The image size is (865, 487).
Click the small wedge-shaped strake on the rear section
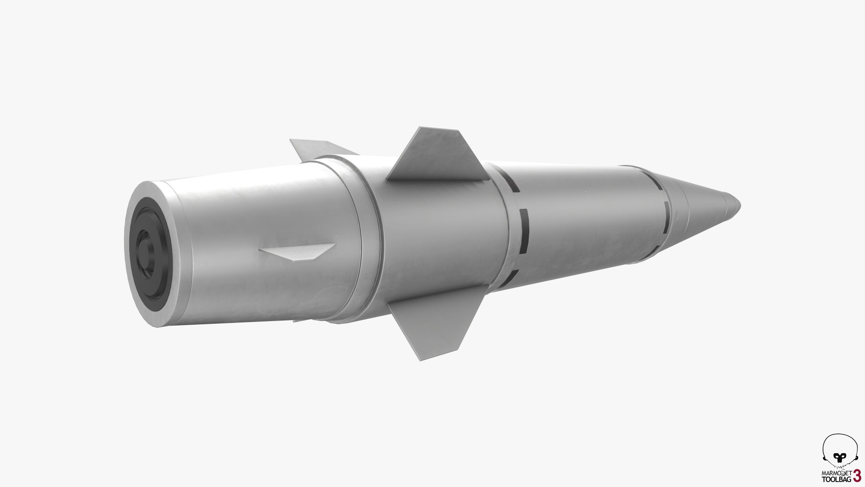[x=300, y=252]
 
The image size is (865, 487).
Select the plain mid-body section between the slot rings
[x=595, y=212]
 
